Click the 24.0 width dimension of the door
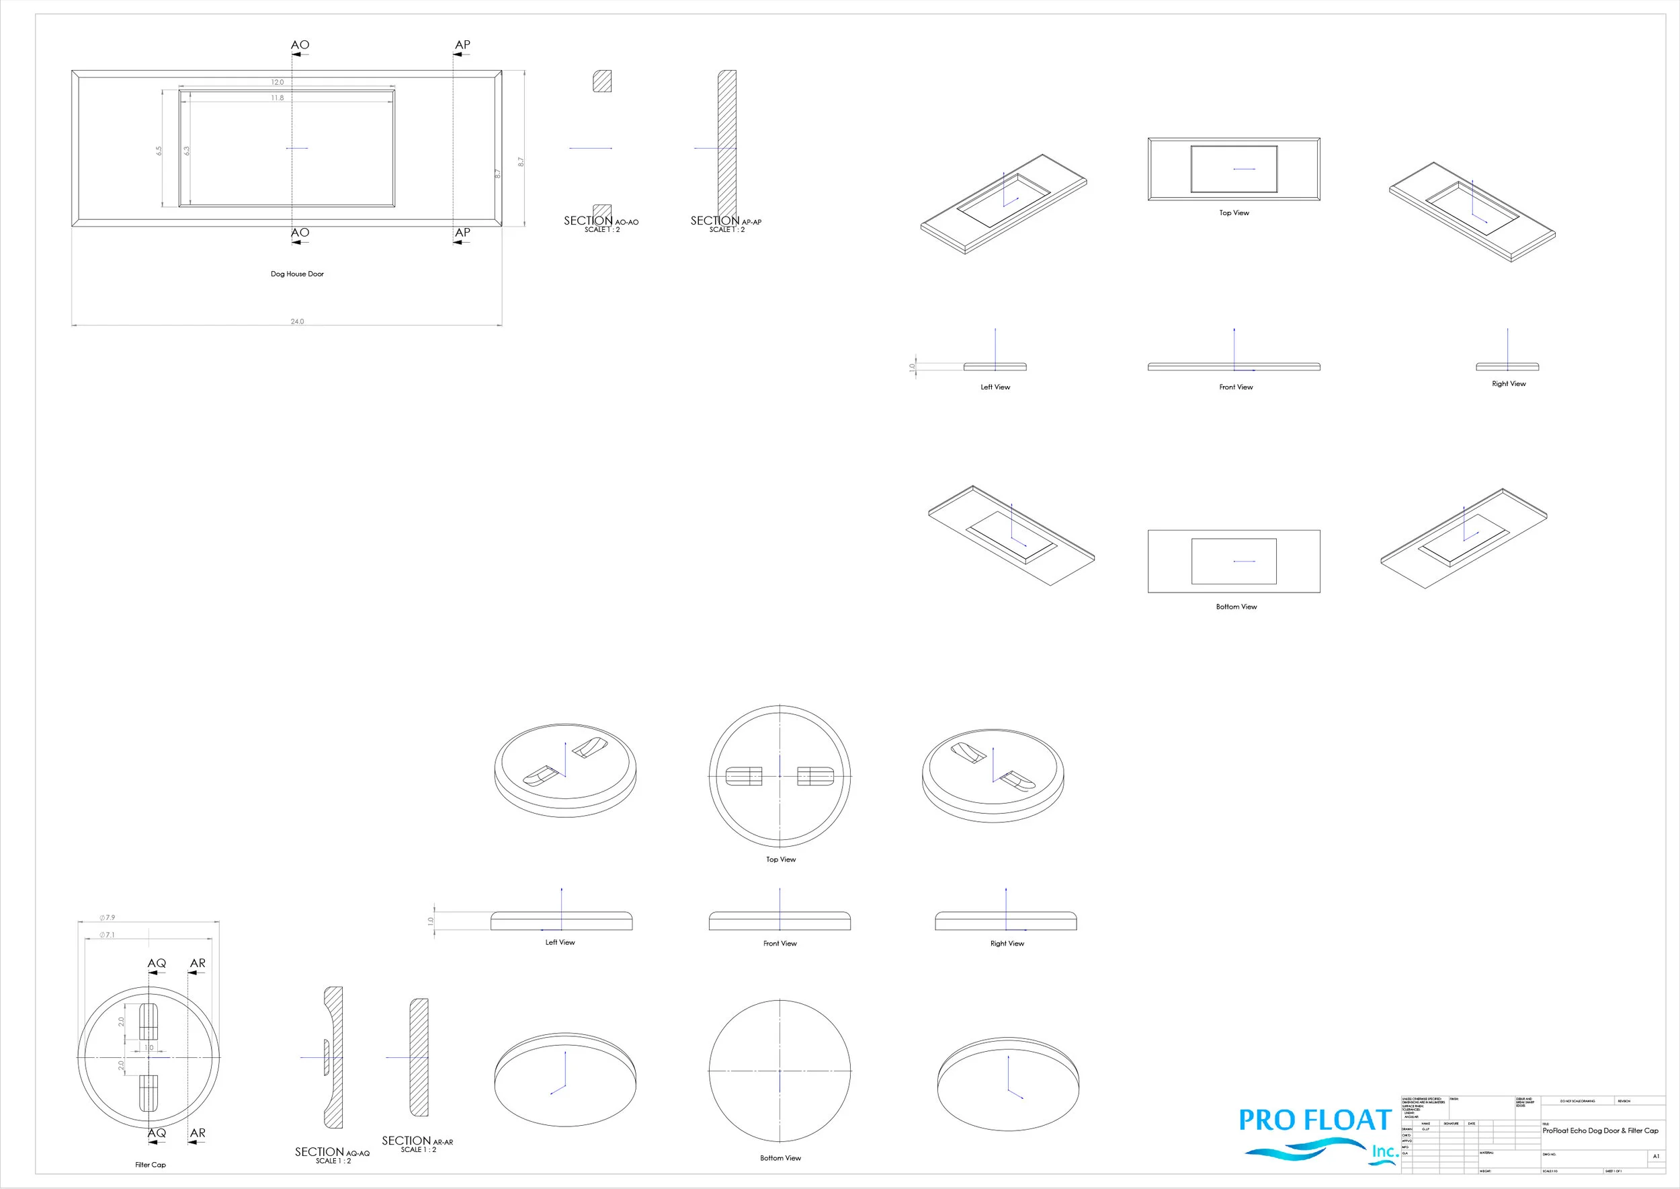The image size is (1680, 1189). pos(297,321)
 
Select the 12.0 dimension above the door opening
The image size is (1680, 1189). pos(278,82)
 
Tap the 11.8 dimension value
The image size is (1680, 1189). pos(278,98)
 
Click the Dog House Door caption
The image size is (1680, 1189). pos(297,274)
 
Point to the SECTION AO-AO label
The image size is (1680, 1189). pos(601,223)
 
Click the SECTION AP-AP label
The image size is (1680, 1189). pos(726,223)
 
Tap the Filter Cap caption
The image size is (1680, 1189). pos(150,1165)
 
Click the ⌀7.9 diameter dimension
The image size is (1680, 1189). pos(108,917)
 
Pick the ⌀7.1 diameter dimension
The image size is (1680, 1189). pos(108,935)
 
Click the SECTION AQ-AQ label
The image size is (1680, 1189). pos(332,1154)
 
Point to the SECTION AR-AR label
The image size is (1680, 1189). pos(417,1143)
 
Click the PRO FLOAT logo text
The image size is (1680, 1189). pos(1315,1121)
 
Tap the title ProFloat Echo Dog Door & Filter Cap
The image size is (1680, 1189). pos(1600,1130)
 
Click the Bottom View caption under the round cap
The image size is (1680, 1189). pos(780,1158)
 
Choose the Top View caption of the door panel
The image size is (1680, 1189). pos(1234,213)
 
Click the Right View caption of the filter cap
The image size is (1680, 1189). pos(1007,944)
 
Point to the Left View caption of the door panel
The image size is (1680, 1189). pos(995,387)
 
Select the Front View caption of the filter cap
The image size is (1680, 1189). pos(780,944)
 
